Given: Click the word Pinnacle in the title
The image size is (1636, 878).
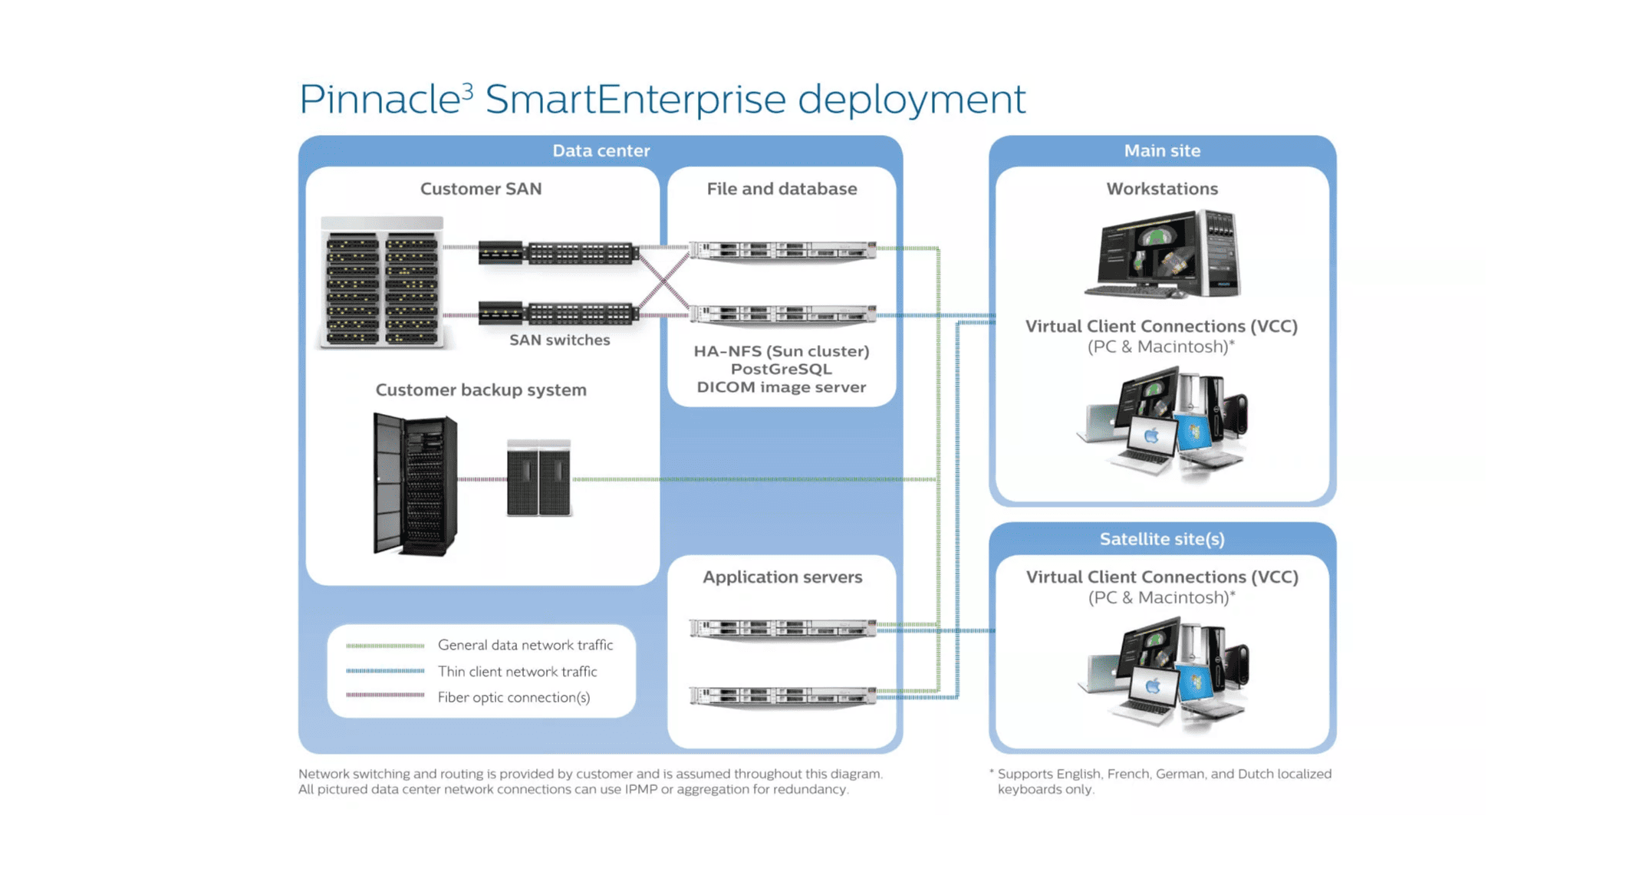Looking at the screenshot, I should tap(379, 100).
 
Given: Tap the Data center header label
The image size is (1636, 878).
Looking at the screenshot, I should tap(601, 151).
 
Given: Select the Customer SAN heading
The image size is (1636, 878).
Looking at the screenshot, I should tap(481, 189).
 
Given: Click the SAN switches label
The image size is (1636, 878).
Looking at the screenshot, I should tap(559, 340).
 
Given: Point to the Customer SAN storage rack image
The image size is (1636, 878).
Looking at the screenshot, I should tap(382, 282).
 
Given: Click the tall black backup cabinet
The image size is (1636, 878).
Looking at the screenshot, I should tap(415, 483).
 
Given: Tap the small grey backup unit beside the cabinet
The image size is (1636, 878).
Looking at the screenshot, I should tap(538, 478).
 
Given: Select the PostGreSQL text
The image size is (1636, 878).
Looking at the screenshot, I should tap(781, 369).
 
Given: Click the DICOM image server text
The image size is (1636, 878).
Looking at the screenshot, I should tap(781, 387).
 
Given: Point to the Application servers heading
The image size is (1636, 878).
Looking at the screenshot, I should tap(782, 577).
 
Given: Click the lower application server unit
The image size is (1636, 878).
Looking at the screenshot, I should tap(782, 695).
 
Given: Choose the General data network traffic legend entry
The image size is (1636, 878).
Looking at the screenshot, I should tap(525, 645).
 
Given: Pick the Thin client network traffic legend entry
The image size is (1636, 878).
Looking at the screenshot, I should tap(517, 672).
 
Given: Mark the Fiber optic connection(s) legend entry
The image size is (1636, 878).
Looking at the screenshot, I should tap(513, 697).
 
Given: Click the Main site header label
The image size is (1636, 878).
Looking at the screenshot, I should tap(1162, 151).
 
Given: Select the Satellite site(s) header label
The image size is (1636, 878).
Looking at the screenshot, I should tap(1162, 539).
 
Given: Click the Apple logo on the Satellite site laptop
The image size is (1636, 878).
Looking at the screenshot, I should tap(1152, 686).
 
